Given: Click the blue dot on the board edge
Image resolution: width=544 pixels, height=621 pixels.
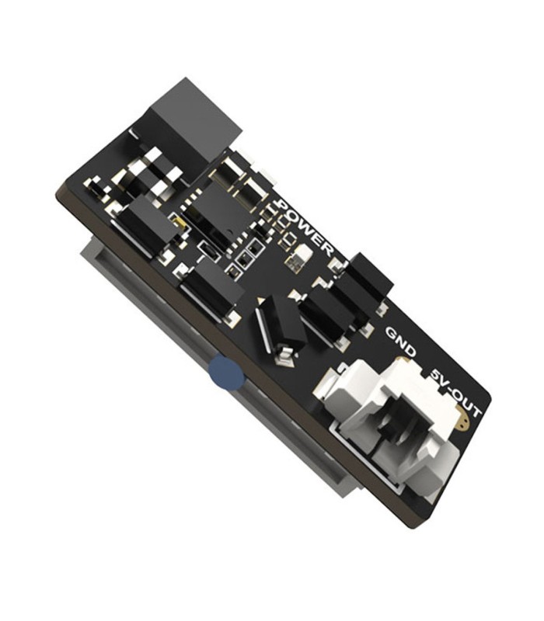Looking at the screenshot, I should tap(226, 373).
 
